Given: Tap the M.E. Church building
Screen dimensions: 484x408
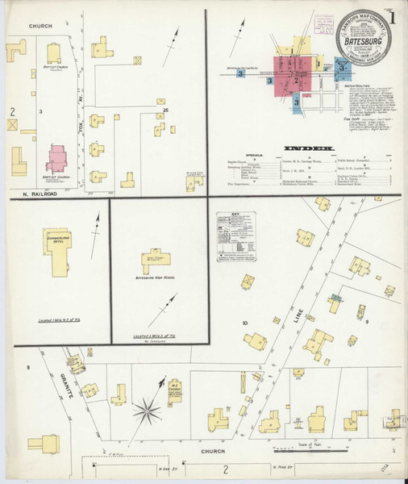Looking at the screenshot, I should (174, 390).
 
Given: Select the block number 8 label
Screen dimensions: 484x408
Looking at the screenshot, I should (27, 368).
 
